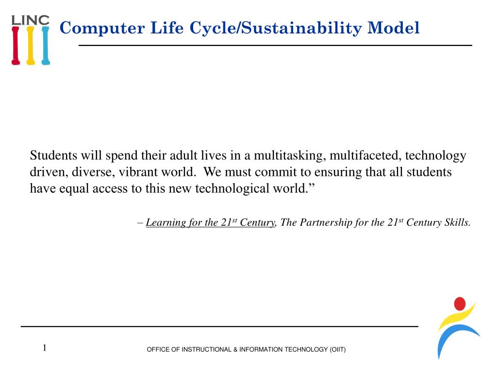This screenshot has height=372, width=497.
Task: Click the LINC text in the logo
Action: (30, 20)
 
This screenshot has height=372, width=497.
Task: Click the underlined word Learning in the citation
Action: (166, 223)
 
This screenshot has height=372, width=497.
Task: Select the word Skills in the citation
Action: (457, 223)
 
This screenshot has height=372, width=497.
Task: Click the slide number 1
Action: (45, 347)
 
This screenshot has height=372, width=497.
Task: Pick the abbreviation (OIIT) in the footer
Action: (338, 350)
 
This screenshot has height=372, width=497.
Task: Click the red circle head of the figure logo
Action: (459, 304)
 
